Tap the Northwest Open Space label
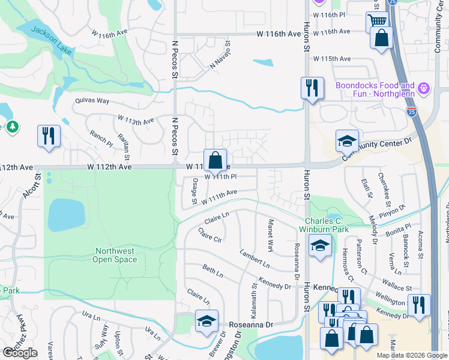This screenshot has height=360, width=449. [115, 255]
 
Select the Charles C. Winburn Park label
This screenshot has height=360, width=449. [327, 225]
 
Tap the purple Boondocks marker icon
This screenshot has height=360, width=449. [424, 88]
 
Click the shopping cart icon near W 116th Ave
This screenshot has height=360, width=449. [376, 22]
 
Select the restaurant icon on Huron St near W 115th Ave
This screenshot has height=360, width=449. [312, 87]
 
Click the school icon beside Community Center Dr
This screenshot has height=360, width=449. [346, 140]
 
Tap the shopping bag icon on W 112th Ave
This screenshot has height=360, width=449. [215, 160]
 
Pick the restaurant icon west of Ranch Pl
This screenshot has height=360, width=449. [49, 135]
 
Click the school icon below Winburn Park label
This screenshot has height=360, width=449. [320, 245]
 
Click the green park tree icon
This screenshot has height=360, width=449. [13, 127]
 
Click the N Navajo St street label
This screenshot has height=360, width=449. [220, 55]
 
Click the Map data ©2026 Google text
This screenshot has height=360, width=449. [411, 355]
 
